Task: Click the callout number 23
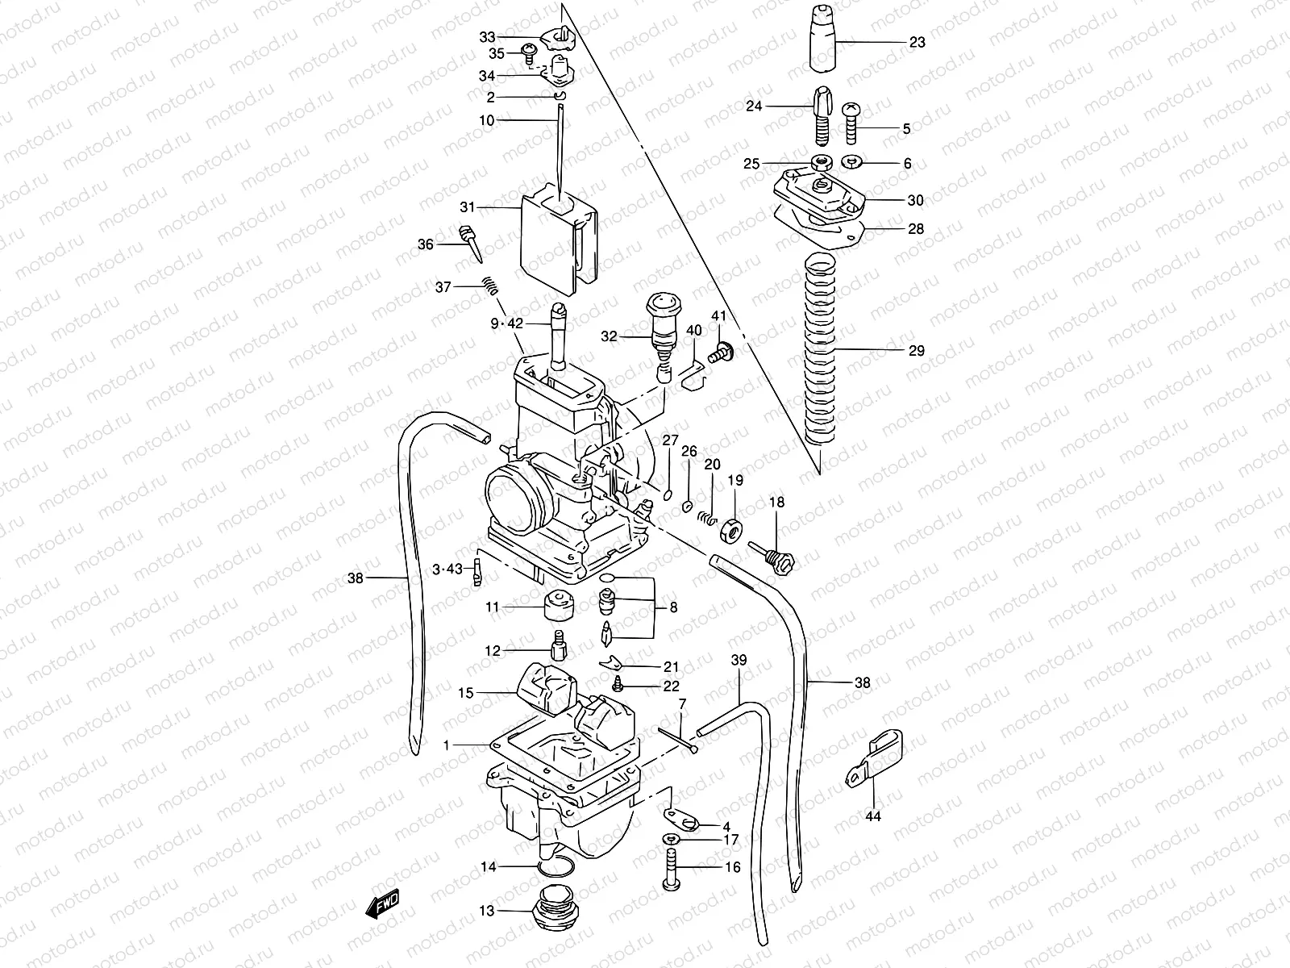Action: click(x=917, y=43)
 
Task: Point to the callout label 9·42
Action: click(x=507, y=324)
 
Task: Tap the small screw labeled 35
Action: click(x=528, y=53)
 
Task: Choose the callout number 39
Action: click(x=739, y=660)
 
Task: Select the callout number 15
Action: click(x=466, y=693)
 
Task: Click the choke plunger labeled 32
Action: click(x=663, y=327)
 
